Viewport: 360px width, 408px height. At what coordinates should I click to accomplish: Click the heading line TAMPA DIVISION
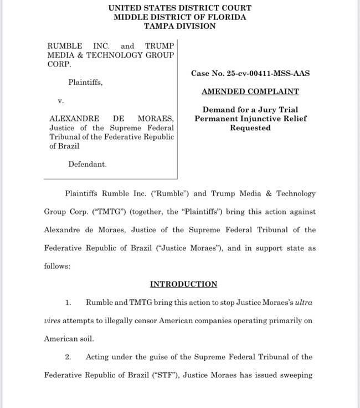click(x=180, y=25)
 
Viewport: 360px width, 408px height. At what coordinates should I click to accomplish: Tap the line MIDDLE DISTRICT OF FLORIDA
click(x=180, y=17)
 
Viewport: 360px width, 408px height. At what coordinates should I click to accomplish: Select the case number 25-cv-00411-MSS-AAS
click(x=273, y=73)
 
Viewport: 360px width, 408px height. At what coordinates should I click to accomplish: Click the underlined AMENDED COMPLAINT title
click(x=250, y=91)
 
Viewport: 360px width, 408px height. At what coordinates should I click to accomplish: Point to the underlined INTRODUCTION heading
click(x=183, y=284)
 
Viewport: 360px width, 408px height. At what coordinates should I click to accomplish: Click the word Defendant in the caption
click(x=88, y=164)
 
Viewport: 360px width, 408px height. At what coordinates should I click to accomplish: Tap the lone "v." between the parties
click(x=61, y=101)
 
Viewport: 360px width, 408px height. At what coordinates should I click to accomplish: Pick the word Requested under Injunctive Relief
click(x=250, y=127)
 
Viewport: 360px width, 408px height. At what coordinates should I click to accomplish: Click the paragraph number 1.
click(x=68, y=302)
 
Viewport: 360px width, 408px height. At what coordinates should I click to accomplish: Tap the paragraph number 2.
click(x=68, y=356)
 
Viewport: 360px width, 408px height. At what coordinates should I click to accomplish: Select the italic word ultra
click(x=305, y=302)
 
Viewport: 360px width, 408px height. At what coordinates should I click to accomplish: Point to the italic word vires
click(x=54, y=320)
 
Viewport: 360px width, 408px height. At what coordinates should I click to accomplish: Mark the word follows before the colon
click(x=56, y=266)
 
